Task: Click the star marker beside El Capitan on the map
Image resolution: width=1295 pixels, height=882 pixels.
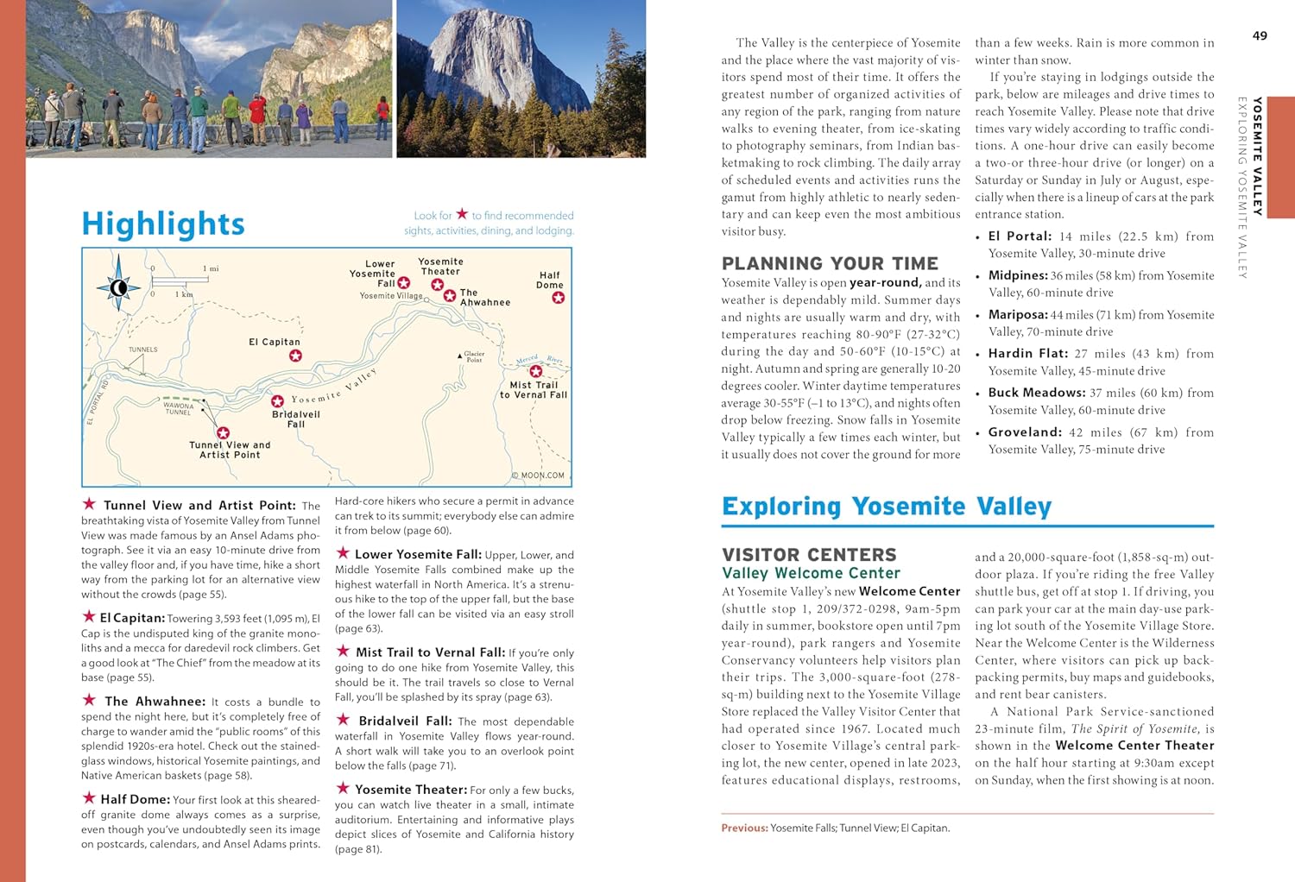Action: pyautogui.click(x=295, y=356)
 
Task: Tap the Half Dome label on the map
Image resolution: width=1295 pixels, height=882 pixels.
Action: pyautogui.click(x=549, y=280)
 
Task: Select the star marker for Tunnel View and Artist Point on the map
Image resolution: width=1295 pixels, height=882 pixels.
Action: pyautogui.click(x=223, y=433)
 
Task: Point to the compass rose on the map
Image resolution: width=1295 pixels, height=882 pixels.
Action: pyautogui.click(x=119, y=287)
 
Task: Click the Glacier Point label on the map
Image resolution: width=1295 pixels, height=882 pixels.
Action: pyautogui.click(x=474, y=356)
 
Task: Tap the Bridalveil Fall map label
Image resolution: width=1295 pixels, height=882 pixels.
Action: pyautogui.click(x=295, y=419)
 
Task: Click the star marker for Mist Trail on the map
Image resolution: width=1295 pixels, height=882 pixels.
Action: pyautogui.click(x=535, y=371)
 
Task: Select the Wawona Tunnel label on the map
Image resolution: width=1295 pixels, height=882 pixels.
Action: pyautogui.click(x=179, y=408)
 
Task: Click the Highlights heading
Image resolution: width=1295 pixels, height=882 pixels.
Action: pyautogui.click(x=163, y=224)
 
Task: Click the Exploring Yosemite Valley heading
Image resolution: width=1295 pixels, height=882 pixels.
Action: pyautogui.click(x=887, y=506)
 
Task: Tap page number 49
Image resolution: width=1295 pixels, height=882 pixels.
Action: pyautogui.click(x=1260, y=35)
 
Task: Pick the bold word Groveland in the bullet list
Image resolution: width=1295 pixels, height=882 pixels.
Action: pyautogui.click(x=1025, y=432)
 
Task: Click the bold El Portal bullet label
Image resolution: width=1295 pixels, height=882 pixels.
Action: pyautogui.click(x=1020, y=236)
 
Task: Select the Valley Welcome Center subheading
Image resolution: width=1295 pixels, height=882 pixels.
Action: pyautogui.click(x=811, y=573)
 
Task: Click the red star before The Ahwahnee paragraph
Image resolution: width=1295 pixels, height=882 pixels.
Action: pyautogui.click(x=89, y=701)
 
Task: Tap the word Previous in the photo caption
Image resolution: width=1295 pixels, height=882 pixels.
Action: pyautogui.click(x=744, y=828)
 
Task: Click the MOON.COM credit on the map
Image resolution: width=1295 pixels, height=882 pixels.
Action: pyautogui.click(x=538, y=475)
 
